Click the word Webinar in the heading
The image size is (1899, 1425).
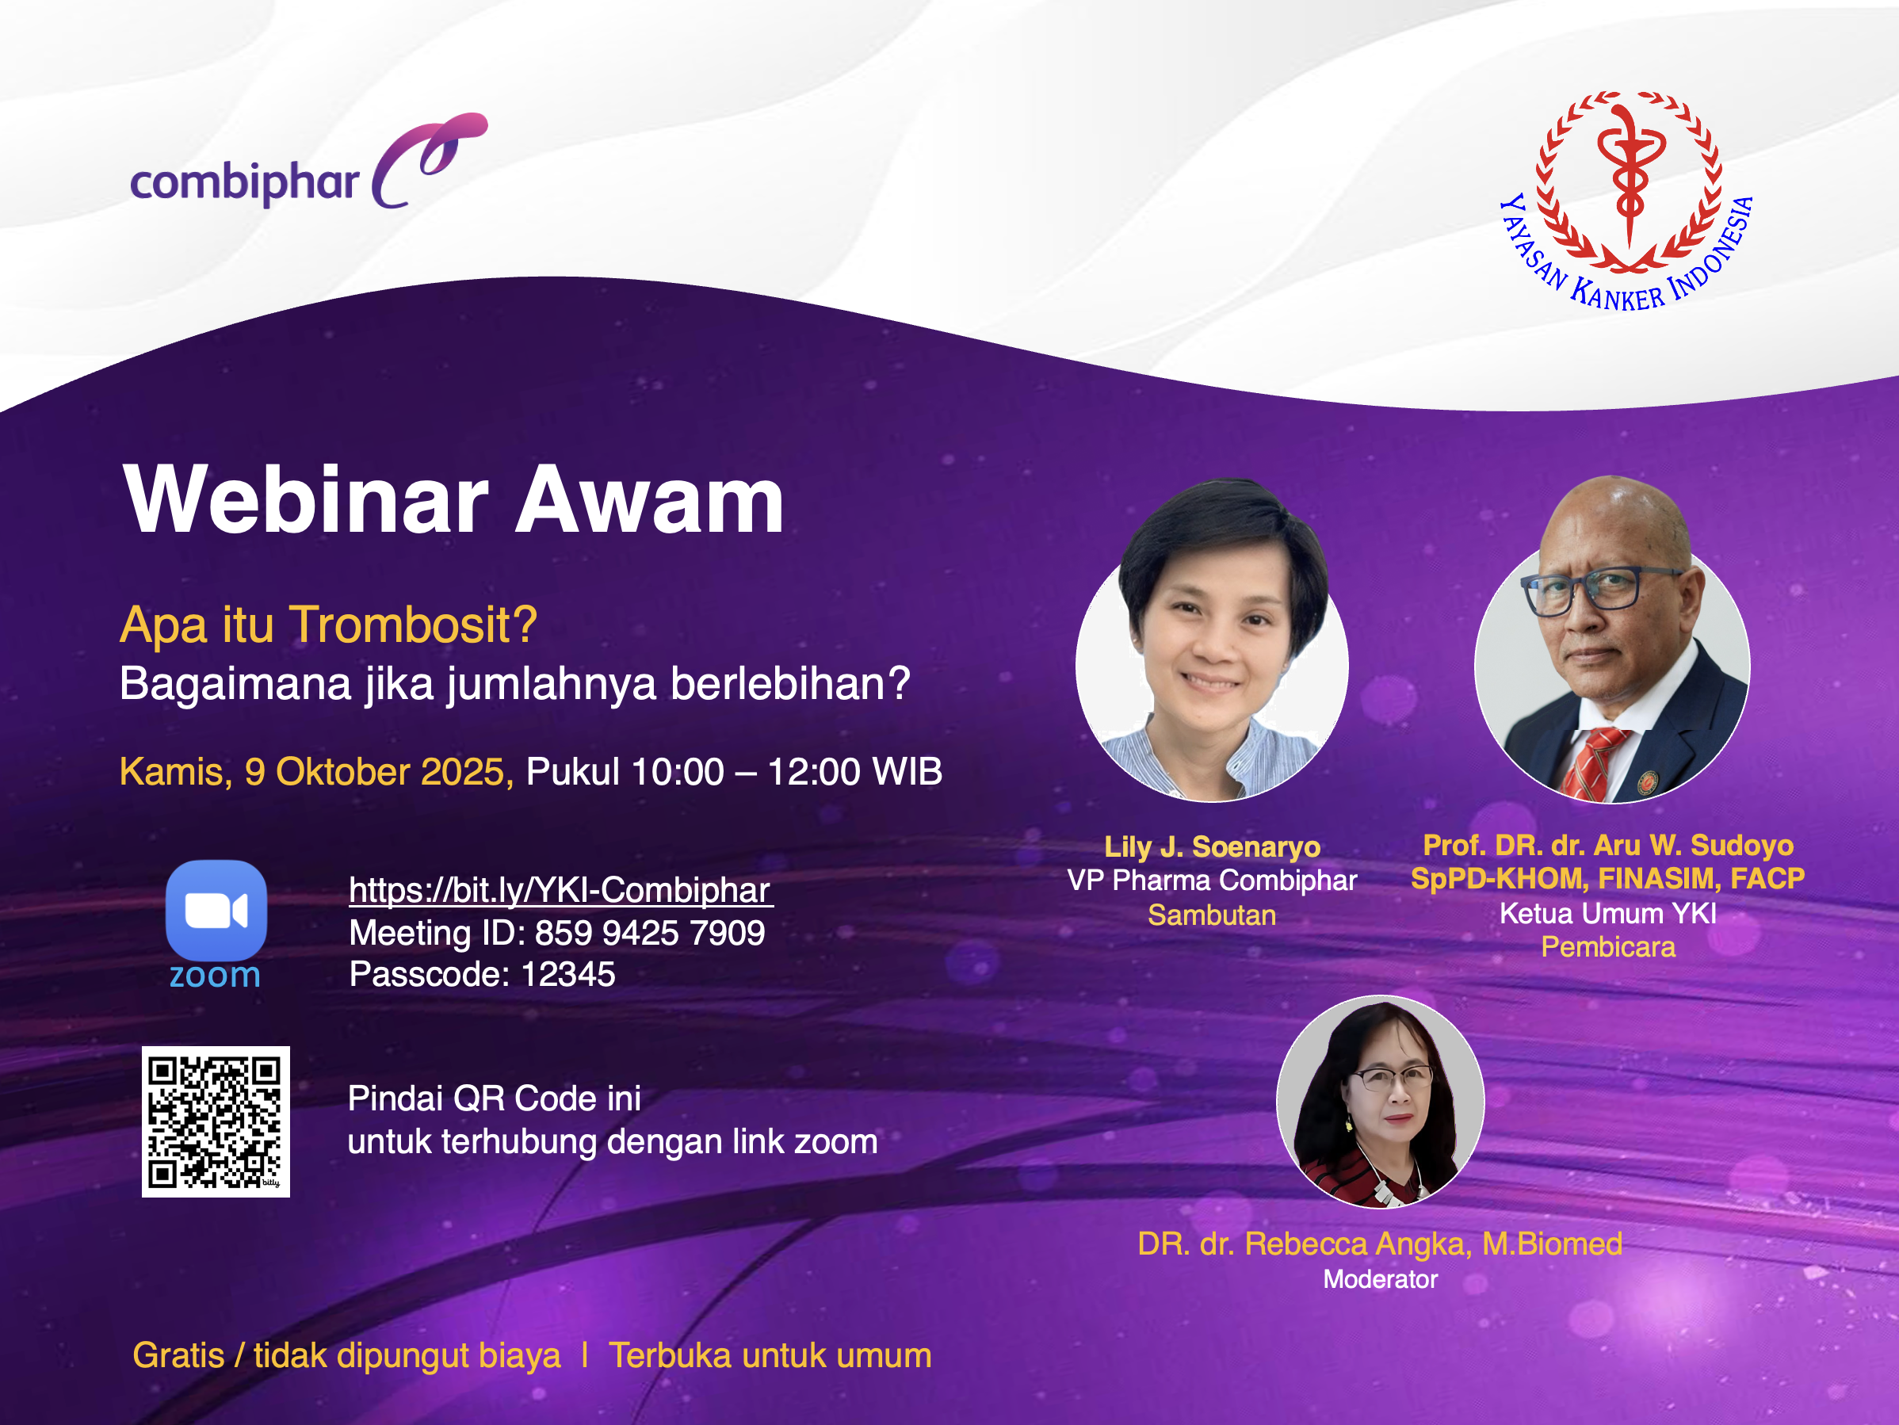click(307, 499)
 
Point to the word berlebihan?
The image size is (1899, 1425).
click(790, 684)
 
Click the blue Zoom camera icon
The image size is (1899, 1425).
click(216, 910)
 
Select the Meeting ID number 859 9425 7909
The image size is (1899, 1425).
click(649, 933)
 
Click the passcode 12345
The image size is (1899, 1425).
click(567, 974)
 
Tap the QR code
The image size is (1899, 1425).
click(216, 1121)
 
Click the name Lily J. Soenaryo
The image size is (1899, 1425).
click(1212, 847)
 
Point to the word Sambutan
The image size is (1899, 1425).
click(1212, 915)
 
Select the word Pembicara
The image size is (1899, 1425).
click(1608, 947)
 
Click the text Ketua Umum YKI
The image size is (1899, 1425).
click(1608, 913)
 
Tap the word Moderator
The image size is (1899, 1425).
click(1381, 1280)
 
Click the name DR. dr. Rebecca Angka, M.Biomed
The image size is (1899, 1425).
click(1381, 1244)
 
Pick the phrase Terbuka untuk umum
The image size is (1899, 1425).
click(770, 1355)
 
